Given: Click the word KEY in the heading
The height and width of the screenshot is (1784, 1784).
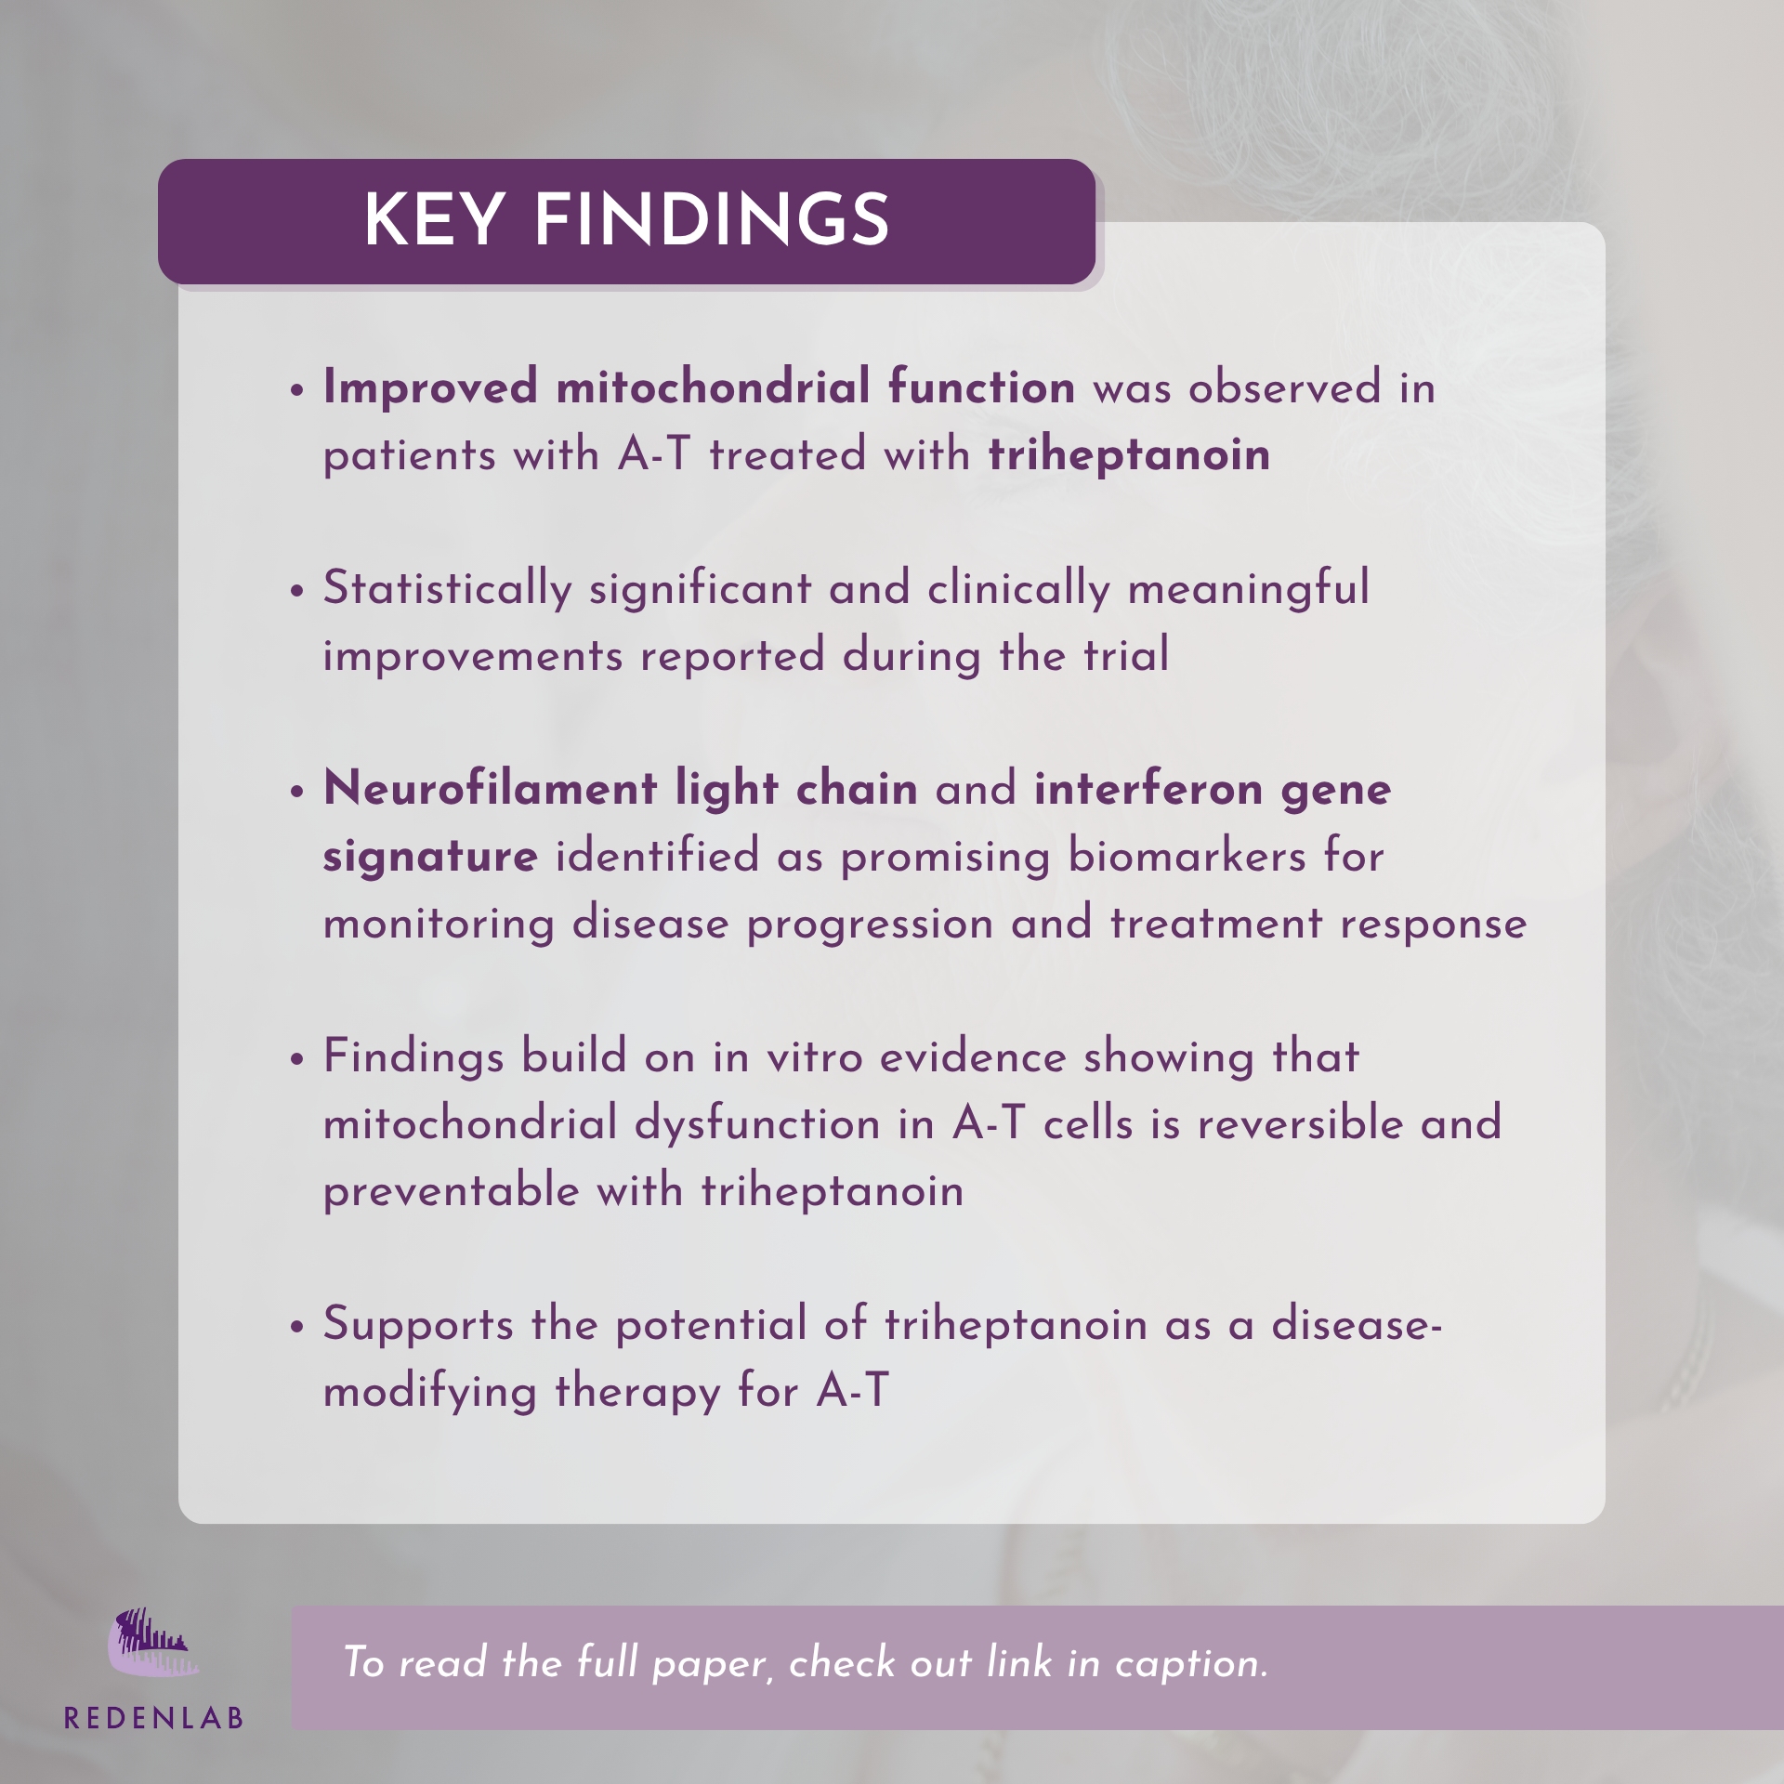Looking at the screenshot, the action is (434, 220).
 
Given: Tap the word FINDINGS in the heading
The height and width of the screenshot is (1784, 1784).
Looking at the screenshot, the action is (712, 220).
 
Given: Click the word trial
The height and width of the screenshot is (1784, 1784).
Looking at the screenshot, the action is (1126, 655).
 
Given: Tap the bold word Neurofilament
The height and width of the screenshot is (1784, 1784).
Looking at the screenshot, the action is (490, 789).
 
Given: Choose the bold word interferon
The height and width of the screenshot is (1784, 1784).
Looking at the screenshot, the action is (1148, 789).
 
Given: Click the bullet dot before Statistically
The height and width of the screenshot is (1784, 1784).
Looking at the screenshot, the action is (297, 592).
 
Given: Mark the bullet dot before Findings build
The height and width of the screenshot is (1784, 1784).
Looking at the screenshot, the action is (297, 1060).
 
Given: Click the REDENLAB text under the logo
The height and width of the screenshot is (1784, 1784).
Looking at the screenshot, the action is (153, 1718).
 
